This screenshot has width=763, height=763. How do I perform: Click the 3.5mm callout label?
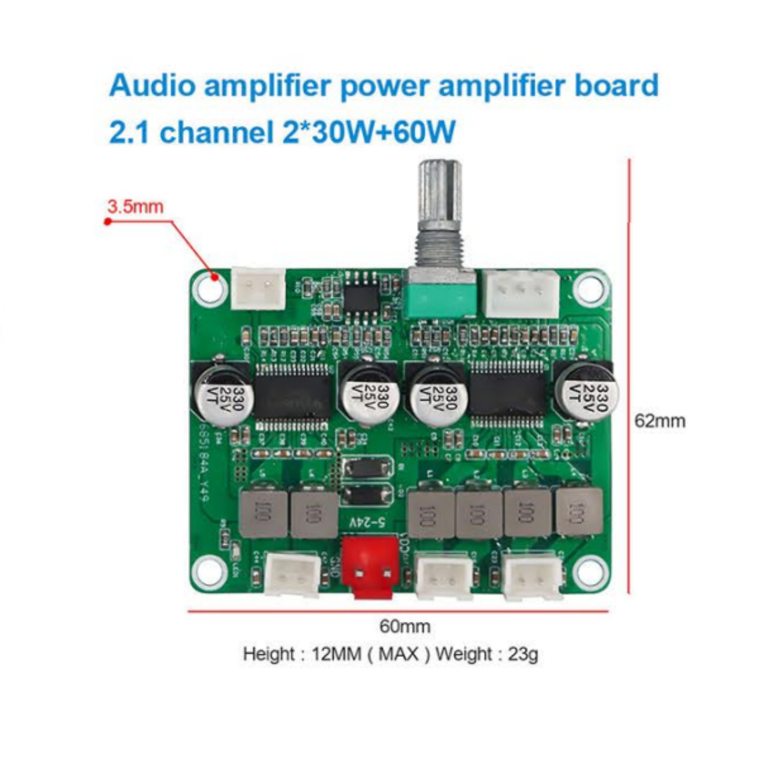click(x=135, y=207)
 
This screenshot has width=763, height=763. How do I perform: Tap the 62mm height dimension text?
click(x=660, y=421)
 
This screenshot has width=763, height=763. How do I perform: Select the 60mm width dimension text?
click(x=405, y=626)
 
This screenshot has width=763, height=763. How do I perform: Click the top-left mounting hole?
click(x=209, y=287)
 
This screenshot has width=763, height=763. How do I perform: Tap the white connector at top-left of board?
click(x=258, y=288)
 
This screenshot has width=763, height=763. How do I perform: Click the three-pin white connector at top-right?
click(x=521, y=292)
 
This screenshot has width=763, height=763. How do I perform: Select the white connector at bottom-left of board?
click(x=292, y=575)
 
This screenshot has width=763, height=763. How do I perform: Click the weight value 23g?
click(x=523, y=654)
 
